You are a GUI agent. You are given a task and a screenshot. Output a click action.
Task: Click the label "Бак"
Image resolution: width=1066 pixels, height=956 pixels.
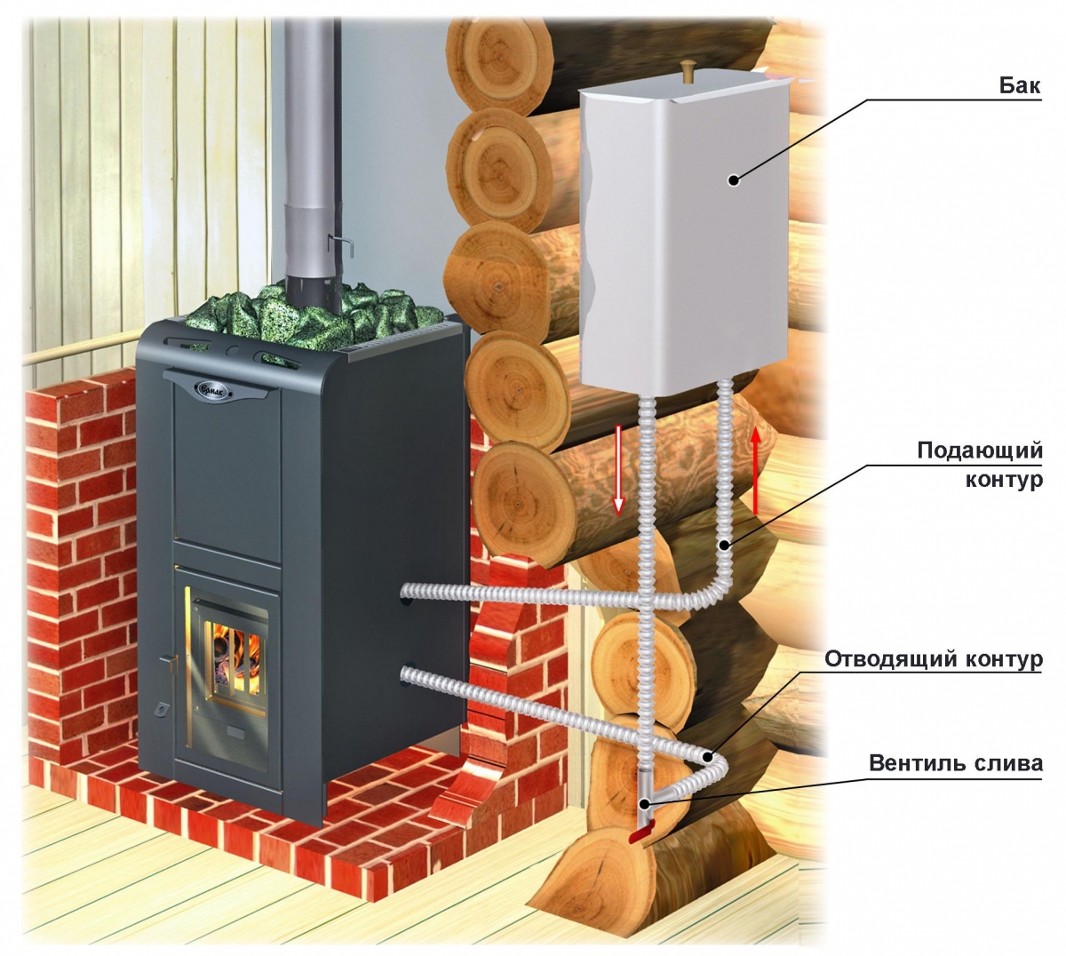click(x=1022, y=87)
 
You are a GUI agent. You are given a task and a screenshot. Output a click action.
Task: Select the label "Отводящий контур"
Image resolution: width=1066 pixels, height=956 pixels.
click(x=933, y=660)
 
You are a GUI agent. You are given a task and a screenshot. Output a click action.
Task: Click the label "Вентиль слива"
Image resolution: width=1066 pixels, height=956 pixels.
click(x=955, y=763)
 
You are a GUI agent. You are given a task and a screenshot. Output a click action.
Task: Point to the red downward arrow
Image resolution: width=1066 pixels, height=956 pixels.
click(x=619, y=470)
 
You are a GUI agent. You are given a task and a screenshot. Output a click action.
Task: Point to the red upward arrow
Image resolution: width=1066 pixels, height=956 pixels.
click(x=755, y=470)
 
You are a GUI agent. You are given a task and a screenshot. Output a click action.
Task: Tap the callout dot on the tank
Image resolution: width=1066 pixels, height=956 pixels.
click(x=733, y=180)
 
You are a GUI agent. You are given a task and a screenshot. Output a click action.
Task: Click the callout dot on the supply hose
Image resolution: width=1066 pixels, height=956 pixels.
click(x=727, y=544)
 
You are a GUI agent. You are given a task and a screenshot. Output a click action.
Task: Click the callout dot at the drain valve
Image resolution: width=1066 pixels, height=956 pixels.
click(x=646, y=804)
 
